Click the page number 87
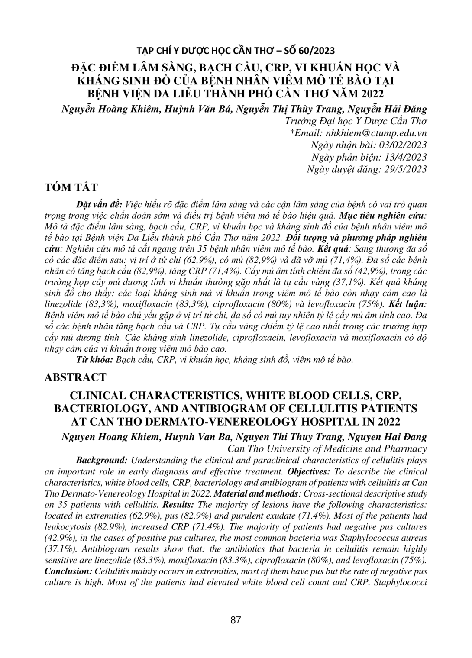(236, 619)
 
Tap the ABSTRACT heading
(75, 377)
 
